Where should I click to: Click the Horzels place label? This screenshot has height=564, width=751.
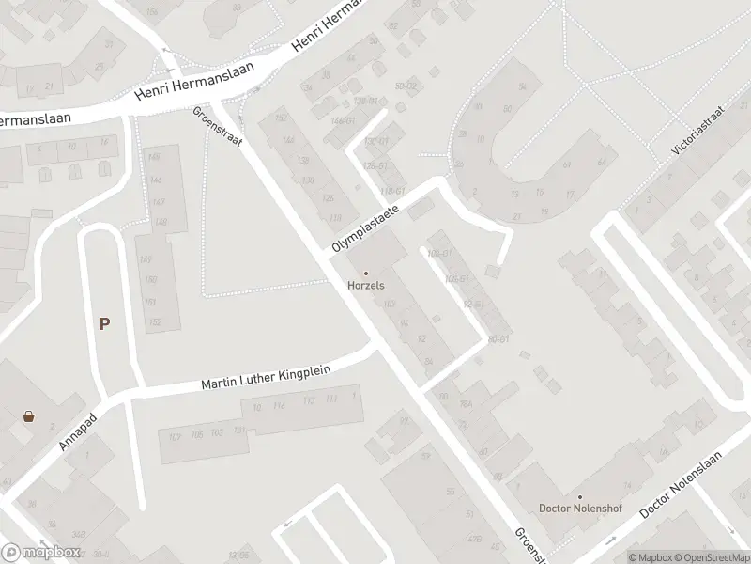point(366,285)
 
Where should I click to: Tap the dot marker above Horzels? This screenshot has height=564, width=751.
point(366,274)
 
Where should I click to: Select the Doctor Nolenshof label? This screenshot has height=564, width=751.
point(579,509)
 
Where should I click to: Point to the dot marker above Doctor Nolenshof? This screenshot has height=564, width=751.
point(579,497)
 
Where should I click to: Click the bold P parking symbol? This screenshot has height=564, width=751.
point(105,324)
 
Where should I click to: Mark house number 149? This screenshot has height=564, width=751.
point(146,260)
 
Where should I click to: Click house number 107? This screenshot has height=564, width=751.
point(173,436)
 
